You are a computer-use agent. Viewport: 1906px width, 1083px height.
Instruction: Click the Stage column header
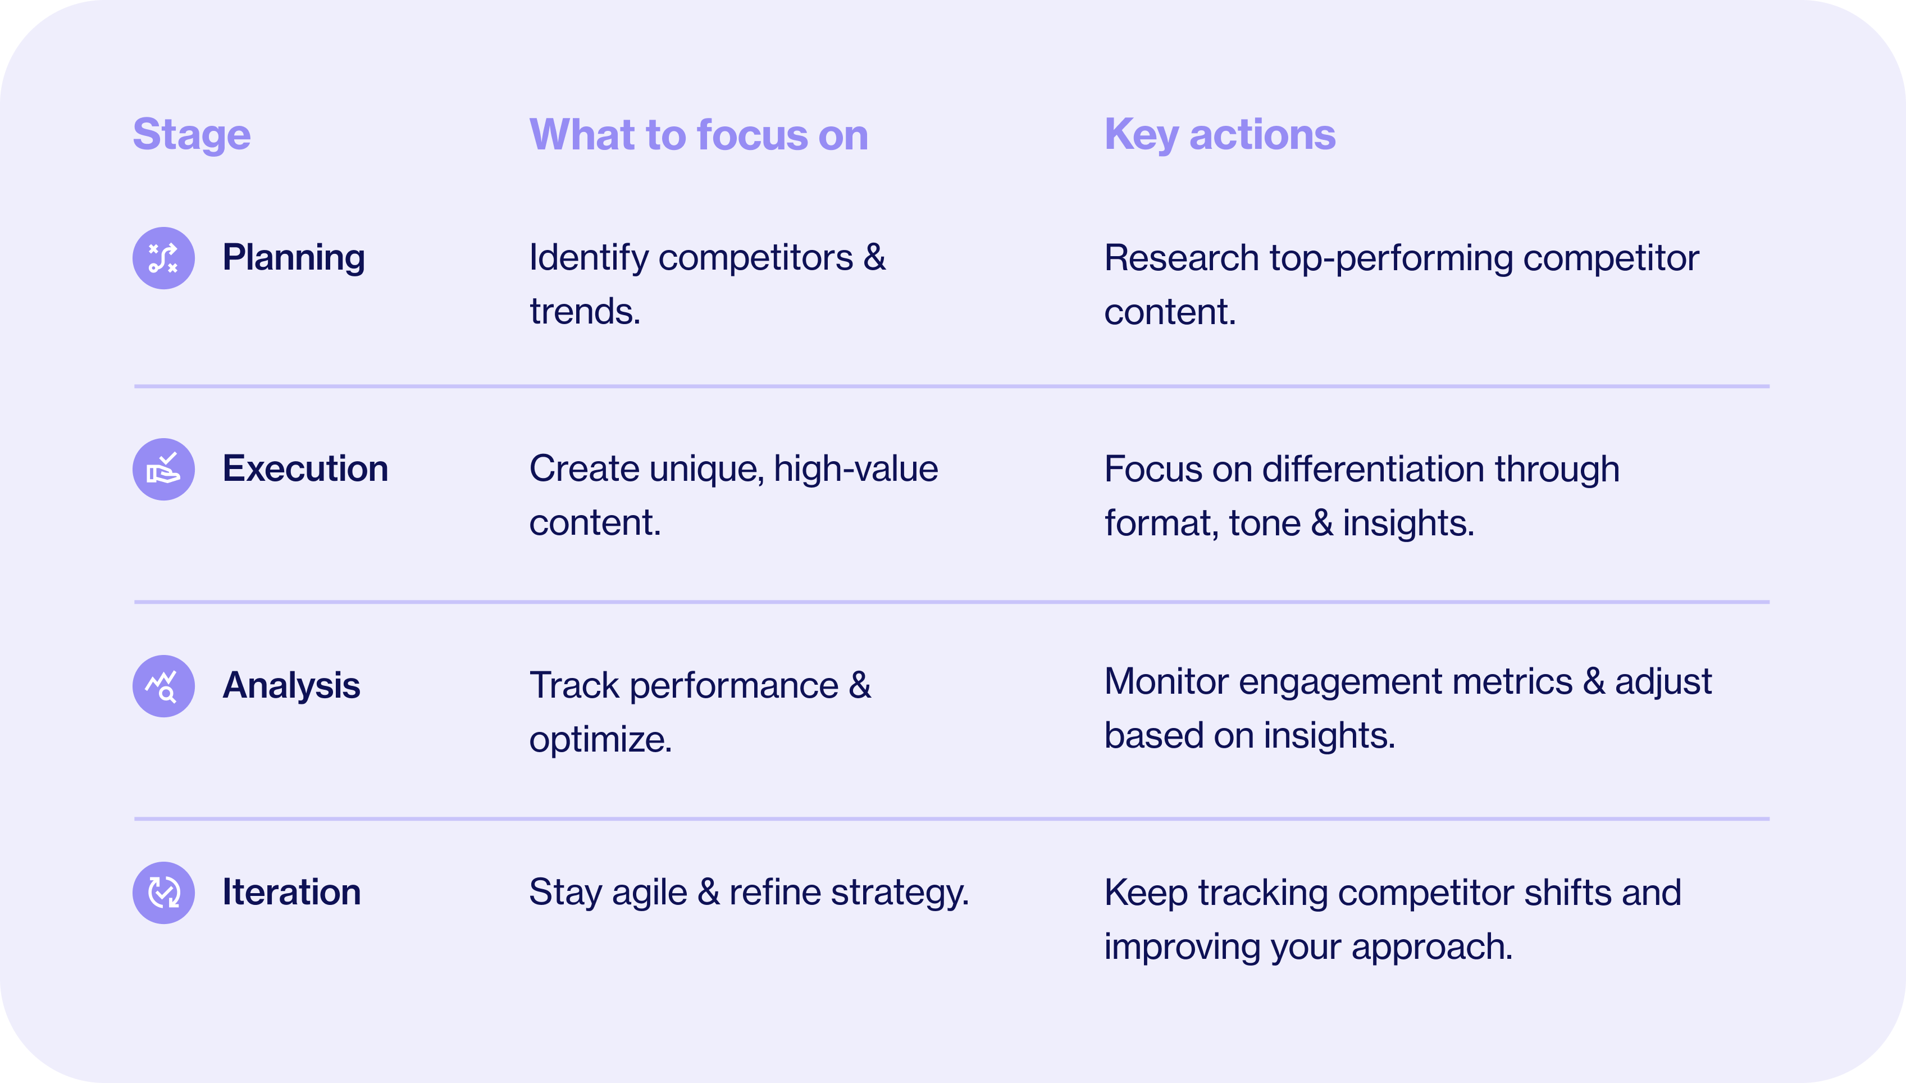pyautogui.click(x=191, y=135)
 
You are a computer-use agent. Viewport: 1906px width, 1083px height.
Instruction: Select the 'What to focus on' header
pyautogui.click(x=698, y=135)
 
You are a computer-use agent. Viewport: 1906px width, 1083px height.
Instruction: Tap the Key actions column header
pyautogui.click(x=1220, y=135)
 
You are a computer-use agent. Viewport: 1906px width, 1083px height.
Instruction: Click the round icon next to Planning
pyautogui.click(x=163, y=258)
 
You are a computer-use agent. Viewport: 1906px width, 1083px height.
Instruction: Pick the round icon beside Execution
pyautogui.click(x=163, y=470)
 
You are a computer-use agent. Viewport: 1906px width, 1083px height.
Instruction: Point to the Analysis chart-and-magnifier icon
pyautogui.click(x=163, y=686)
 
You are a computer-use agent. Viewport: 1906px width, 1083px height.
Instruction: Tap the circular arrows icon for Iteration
pyautogui.click(x=163, y=893)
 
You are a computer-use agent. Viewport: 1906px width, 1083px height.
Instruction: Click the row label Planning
pyautogui.click(x=293, y=258)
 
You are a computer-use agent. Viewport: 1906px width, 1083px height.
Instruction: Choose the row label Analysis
pyautogui.click(x=291, y=686)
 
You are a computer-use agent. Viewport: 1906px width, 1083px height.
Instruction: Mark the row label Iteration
pyautogui.click(x=291, y=893)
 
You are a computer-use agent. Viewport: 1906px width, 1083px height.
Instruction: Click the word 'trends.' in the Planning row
pyautogui.click(x=585, y=312)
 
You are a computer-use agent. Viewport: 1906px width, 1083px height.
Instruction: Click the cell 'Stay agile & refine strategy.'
pyautogui.click(x=749, y=893)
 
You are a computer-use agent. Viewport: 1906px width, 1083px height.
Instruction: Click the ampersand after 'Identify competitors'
pyautogui.click(x=874, y=258)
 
